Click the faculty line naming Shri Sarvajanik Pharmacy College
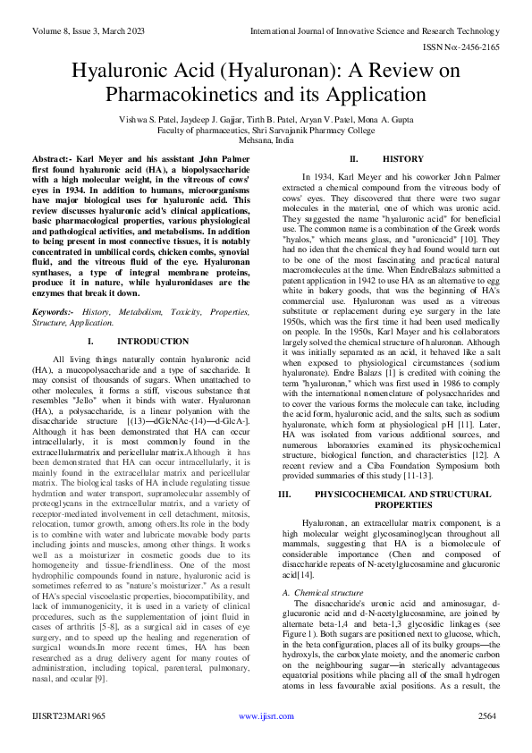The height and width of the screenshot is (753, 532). (266, 130)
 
